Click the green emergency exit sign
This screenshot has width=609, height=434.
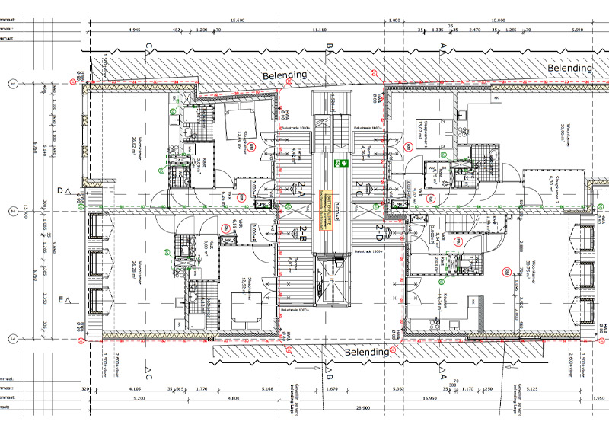coord(344,163)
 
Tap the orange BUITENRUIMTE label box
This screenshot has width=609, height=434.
coord(326,201)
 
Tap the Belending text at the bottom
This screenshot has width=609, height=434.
coord(368,353)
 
